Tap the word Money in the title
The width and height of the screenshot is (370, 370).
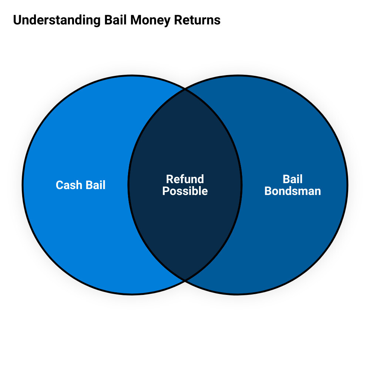point(150,20)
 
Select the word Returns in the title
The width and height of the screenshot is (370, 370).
point(198,20)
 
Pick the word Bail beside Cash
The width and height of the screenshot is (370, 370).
point(95,185)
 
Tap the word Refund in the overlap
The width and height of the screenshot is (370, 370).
point(185,179)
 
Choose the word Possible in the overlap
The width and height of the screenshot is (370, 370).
point(185,191)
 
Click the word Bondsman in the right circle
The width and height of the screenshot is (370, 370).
point(293,191)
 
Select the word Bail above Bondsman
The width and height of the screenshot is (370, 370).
point(293,179)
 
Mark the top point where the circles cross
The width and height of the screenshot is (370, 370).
point(185,89)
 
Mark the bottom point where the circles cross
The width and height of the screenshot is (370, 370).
point(185,280)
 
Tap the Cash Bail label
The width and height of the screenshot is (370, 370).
point(81,185)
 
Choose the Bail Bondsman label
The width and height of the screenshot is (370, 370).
point(293,185)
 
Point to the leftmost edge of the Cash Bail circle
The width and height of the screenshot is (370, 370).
point(23,185)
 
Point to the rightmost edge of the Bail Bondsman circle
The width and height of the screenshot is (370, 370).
point(347,185)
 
